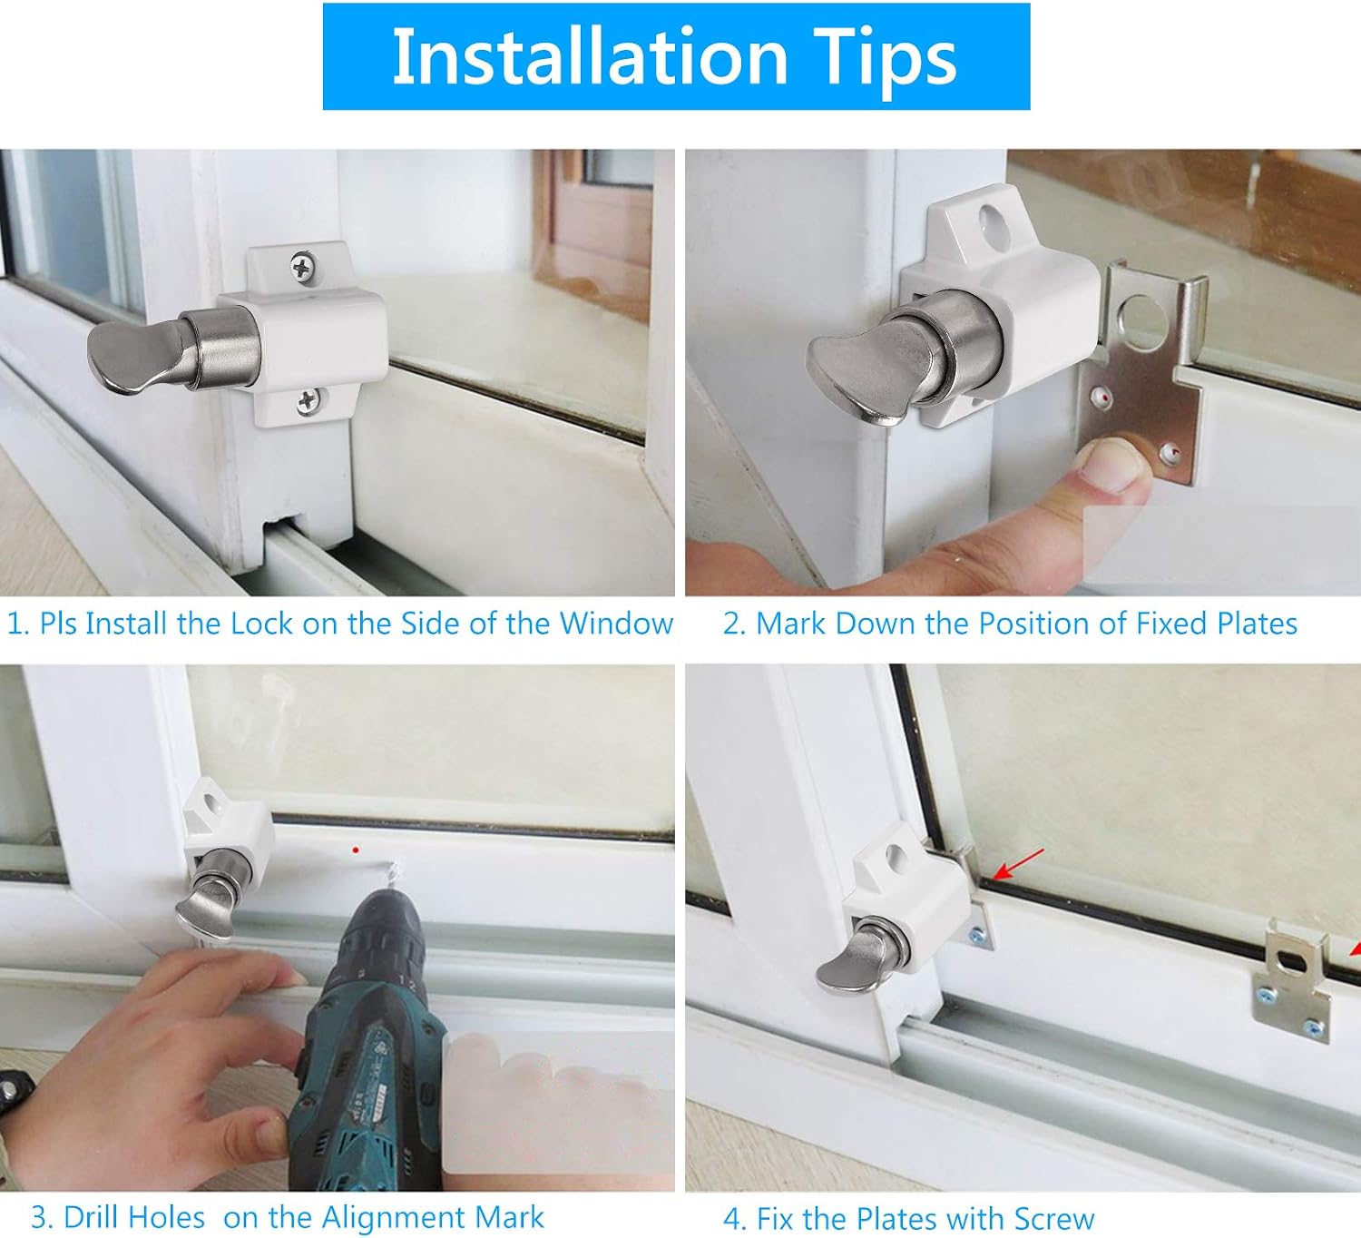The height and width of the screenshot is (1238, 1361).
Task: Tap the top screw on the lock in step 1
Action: click(x=302, y=267)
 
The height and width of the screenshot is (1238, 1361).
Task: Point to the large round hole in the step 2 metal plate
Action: click(x=1144, y=321)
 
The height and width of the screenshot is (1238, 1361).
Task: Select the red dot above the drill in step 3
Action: click(x=356, y=850)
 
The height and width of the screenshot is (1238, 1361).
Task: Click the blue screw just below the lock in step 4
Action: click(x=978, y=936)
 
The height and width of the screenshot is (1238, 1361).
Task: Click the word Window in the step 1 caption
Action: click(x=616, y=623)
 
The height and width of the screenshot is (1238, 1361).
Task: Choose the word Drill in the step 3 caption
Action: click(x=133, y=1217)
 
